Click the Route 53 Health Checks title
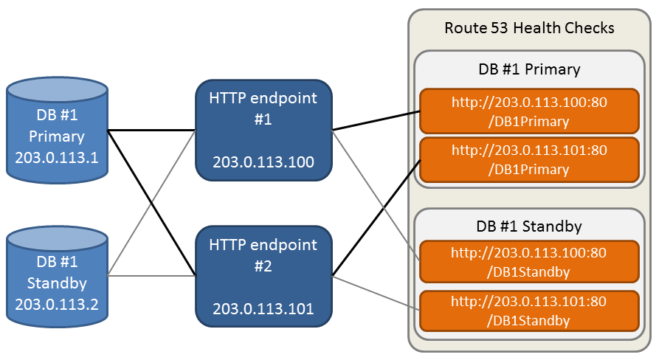click(529, 28)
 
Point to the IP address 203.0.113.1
click(57, 157)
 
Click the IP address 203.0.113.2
click(57, 303)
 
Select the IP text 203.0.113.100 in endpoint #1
click(263, 162)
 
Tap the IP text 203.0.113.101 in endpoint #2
click(263, 308)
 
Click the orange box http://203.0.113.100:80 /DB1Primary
click(529, 111)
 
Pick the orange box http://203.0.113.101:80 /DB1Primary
click(529, 159)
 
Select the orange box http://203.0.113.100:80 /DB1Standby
click(529, 262)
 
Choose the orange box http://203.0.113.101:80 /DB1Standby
click(529, 310)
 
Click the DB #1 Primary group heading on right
click(529, 69)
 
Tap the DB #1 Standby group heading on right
click(529, 226)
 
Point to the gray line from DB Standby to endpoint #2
click(151, 276)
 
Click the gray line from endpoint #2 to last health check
click(376, 293)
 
